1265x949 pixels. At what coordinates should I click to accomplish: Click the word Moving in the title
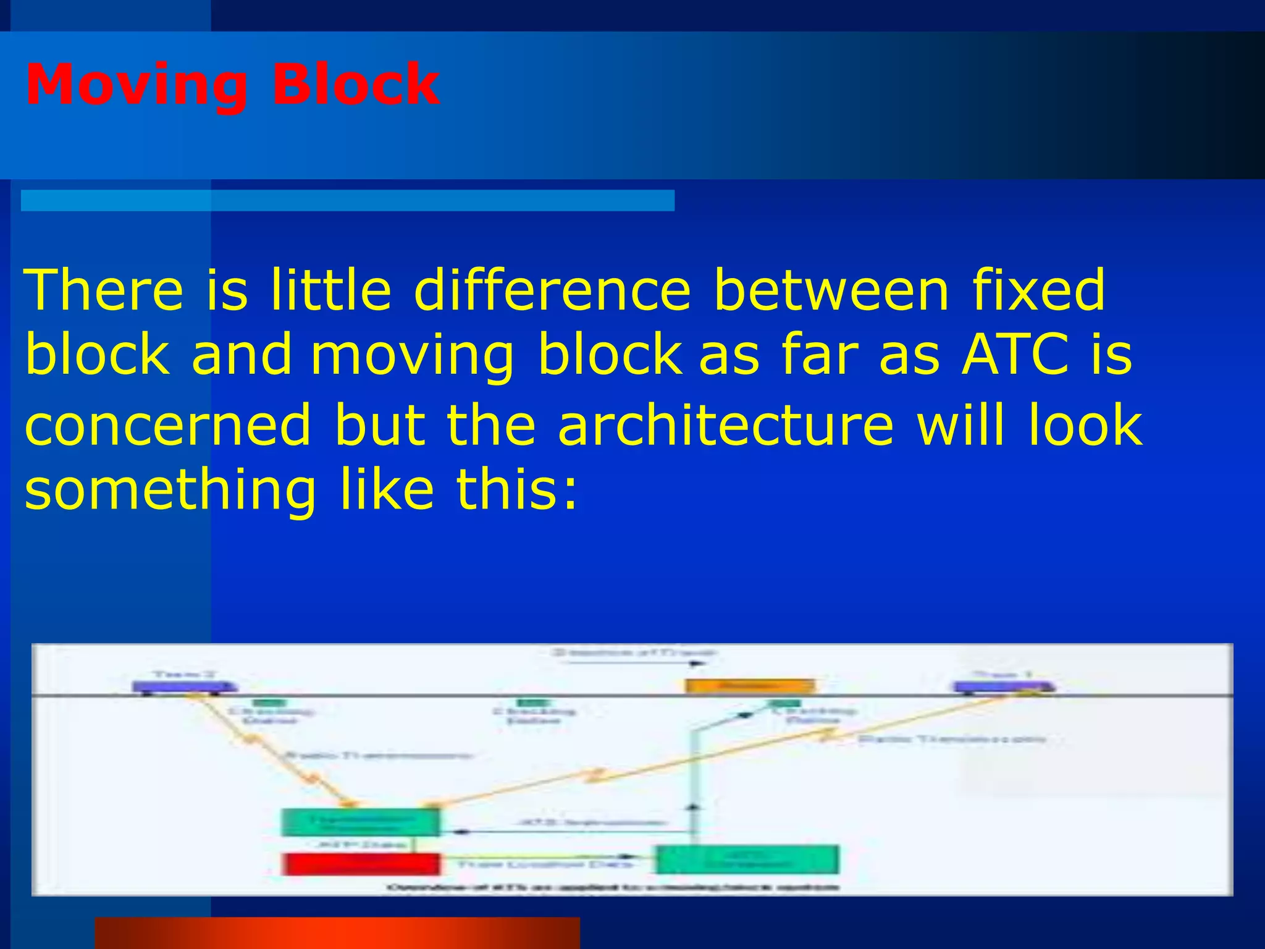click(137, 85)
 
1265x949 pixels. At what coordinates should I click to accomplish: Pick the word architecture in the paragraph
click(726, 425)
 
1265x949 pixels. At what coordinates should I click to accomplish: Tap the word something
click(170, 491)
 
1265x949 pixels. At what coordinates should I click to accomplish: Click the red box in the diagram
click(361, 864)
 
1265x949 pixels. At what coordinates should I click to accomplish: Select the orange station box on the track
click(750, 686)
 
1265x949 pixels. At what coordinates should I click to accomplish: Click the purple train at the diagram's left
click(185, 686)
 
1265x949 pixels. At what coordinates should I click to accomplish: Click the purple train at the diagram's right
click(1004, 686)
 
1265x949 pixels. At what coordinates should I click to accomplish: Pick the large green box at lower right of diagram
click(747, 859)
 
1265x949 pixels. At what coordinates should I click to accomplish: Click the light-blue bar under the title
click(347, 201)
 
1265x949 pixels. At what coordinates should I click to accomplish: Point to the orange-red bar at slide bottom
click(337, 933)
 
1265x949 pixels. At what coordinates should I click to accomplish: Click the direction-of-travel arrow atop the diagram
click(636, 664)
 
